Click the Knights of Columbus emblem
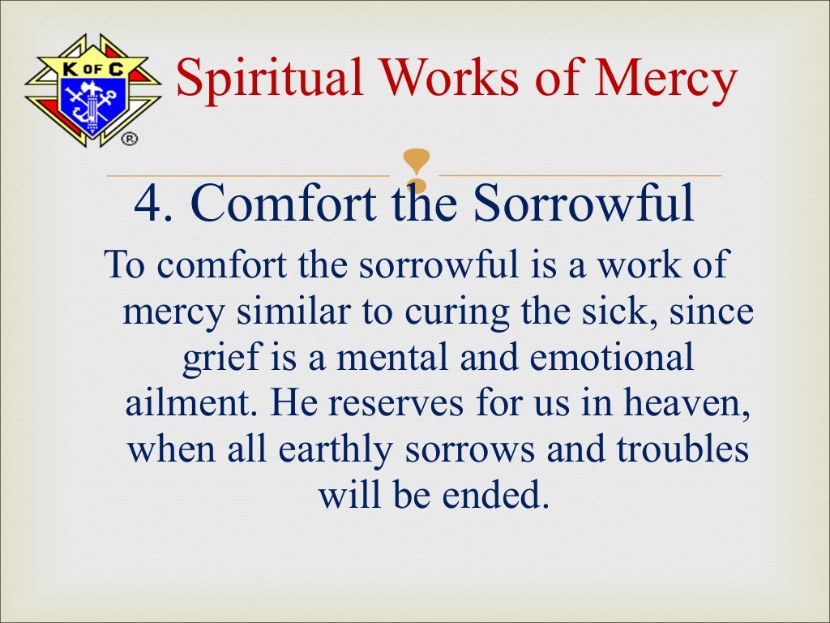92,89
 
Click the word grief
212,358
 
